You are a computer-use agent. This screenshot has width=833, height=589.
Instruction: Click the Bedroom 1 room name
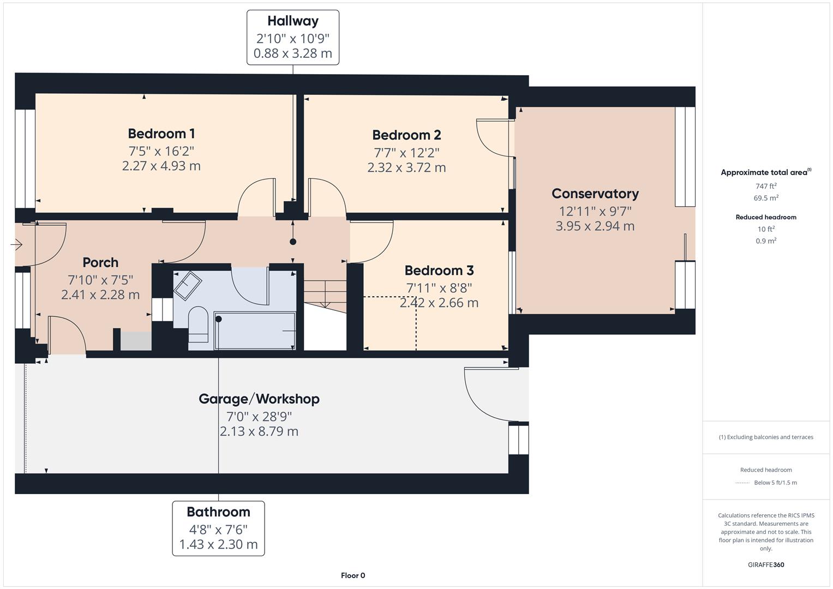[161, 134]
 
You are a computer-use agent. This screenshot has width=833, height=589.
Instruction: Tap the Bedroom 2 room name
[406, 135]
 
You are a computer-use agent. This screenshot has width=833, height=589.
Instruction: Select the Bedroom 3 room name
[439, 271]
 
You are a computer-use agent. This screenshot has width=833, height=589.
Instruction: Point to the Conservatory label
[595, 194]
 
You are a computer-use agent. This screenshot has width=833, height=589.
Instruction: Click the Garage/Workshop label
[259, 399]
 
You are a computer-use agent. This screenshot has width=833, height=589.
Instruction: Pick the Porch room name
[100, 262]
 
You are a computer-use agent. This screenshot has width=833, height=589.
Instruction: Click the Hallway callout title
[292, 21]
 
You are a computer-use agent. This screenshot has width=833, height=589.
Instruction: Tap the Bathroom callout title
[218, 512]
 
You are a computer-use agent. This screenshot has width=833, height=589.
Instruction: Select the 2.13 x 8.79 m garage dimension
[259, 431]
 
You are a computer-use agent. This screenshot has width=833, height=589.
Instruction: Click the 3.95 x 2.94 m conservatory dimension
[595, 226]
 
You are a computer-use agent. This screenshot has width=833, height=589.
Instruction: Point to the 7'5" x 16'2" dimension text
[161, 151]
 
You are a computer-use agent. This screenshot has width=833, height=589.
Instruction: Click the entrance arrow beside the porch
[16, 245]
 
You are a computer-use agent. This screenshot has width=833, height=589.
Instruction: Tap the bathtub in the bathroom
[255, 330]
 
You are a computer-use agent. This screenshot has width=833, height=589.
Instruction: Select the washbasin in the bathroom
[187, 285]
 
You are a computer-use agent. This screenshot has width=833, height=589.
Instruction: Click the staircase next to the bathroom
[325, 305]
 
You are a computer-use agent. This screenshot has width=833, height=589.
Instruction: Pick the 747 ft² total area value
[765, 186]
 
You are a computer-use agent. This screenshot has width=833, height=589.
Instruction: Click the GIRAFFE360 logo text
[765, 564]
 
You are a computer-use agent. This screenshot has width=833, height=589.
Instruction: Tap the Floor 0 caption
[352, 575]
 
